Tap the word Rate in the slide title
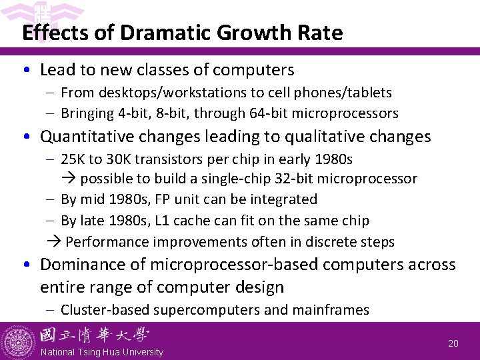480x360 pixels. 322,33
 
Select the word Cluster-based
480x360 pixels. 104,310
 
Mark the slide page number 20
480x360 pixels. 453,344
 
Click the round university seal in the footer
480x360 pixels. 18,341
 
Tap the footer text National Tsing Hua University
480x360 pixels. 102,352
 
